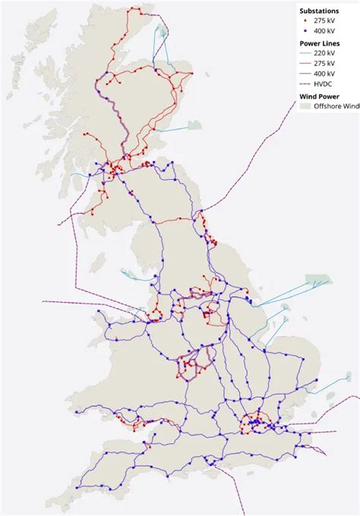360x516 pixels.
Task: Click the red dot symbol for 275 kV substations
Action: point(305,22)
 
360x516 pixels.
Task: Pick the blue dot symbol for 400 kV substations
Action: point(305,33)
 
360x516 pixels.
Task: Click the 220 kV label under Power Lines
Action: point(327,54)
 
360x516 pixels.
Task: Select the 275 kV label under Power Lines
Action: point(327,64)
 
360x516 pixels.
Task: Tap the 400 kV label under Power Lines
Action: point(327,74)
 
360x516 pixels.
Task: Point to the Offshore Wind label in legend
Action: point(339,106)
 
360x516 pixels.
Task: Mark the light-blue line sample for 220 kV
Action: point(305,54)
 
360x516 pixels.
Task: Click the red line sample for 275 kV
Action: point(305,64)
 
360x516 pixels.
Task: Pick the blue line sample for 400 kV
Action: point(305,74)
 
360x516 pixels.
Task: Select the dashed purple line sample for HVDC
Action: point(305,83)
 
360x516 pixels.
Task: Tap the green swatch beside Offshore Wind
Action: point(305,106)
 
